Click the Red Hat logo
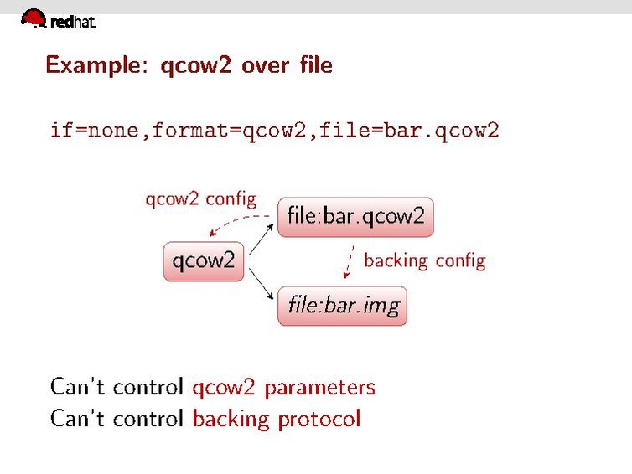tap(57, 20)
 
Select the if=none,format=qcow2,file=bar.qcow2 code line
tap(274, 131)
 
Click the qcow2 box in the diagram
tap(204, 260)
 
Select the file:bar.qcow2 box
tap(356, 217)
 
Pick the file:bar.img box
tap(343, 305)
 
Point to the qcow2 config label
tap(200, 199)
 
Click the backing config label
tap(424, 261)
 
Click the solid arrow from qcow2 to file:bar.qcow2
tap(262, 241)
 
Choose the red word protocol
tap(323, 418)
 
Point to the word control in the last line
tap(148, 418)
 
